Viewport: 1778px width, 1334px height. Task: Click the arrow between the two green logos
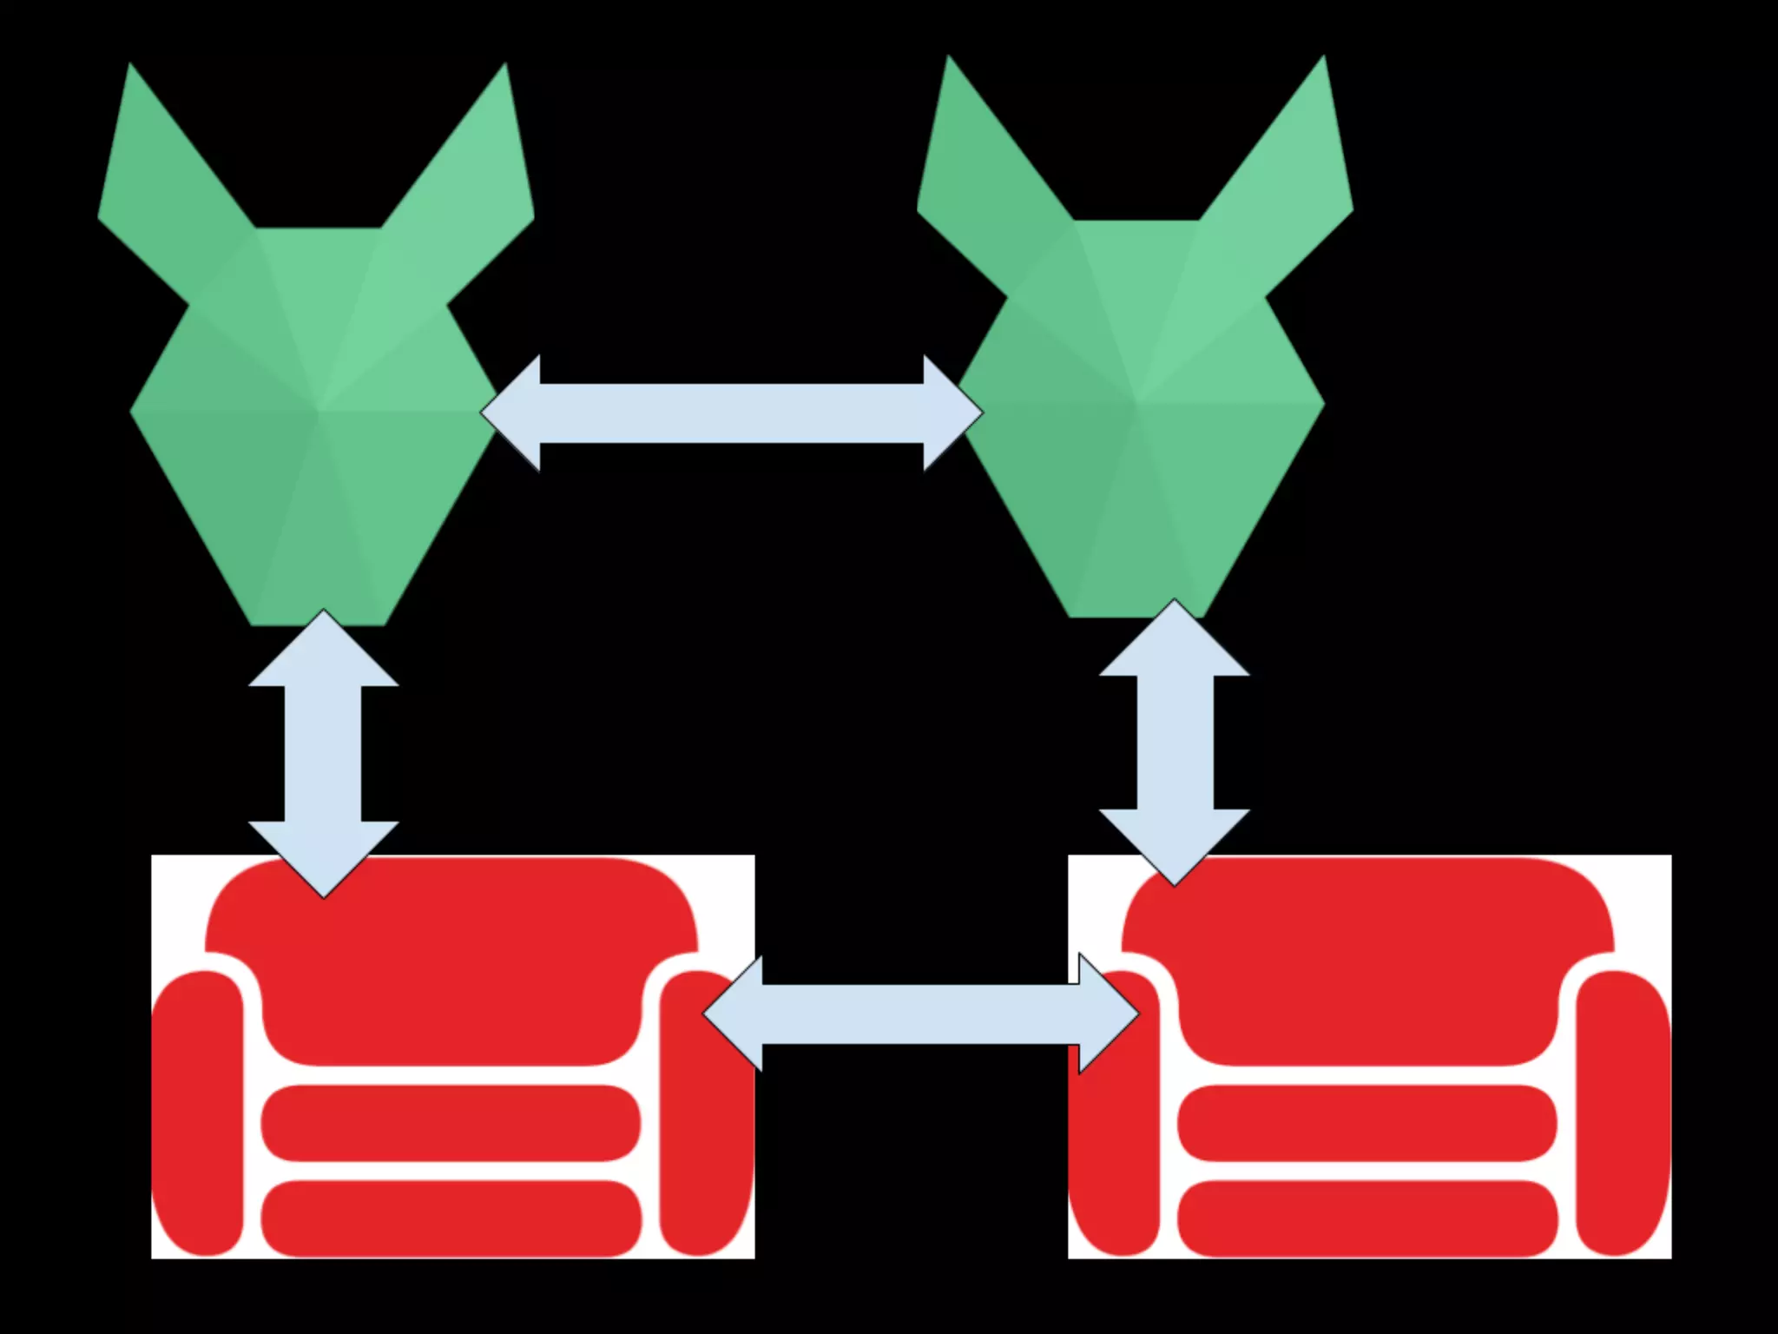tap(731, 413)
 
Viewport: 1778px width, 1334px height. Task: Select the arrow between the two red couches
tap(920, 1014)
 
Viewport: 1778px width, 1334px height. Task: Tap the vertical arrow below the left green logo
tap(323, 753)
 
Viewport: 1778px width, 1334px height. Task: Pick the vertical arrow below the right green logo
tap(1174, 743)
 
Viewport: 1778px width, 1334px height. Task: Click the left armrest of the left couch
tap(198, 1112)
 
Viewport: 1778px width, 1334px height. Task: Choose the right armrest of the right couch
tap(1622, 1112)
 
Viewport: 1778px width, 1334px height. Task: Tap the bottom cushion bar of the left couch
tap(451, 1218)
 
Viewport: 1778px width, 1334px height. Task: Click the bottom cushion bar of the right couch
tap(1367, 1218)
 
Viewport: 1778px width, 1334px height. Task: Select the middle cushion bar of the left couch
tap(451, 1122)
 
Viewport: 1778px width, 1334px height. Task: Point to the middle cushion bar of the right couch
tap(1367, 1122)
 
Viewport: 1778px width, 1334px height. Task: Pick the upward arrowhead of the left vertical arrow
tap(323, 651)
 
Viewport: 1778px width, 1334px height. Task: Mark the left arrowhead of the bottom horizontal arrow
tap(736, 1014)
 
